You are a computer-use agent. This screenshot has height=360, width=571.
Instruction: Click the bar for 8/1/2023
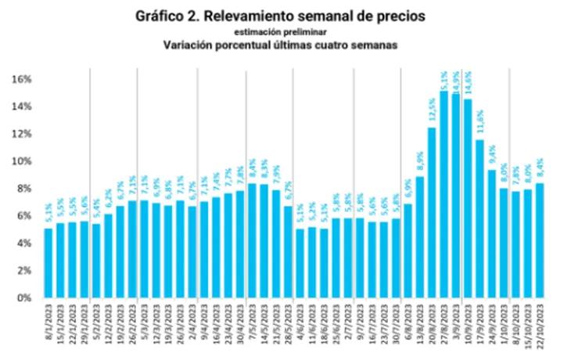coord(48,263)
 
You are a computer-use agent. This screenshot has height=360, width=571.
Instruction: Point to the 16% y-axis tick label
coord(21,79)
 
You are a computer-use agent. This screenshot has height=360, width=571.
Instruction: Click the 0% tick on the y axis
coord(23,298)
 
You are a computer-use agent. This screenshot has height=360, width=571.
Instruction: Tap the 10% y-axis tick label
coord(21,161)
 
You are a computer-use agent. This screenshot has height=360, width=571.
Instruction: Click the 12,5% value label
coord(431,111)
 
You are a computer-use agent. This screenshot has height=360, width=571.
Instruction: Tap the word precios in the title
coord(403,16)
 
